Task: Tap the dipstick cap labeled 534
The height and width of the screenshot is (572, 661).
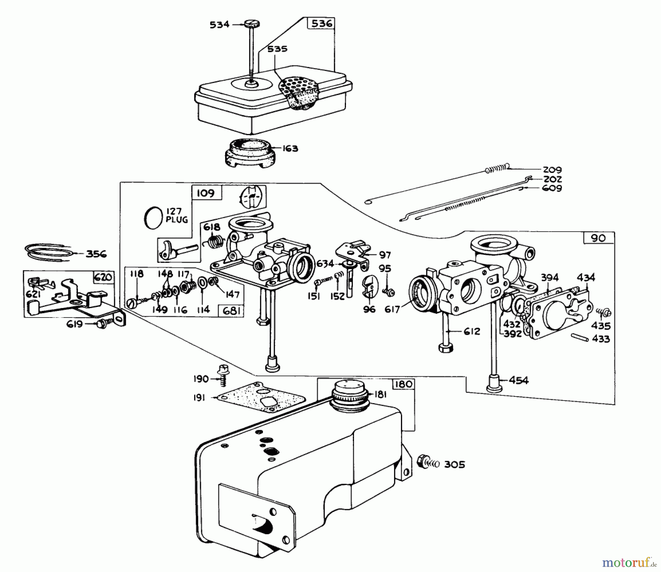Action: (252, 24)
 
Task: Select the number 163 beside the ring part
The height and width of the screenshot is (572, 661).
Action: (290, 149)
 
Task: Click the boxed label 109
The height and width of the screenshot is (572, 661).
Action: (206, 193)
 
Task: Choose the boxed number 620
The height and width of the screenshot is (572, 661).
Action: (103, 277)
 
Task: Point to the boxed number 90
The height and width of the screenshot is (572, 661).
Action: (599, 238)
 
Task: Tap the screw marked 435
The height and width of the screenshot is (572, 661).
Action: (604, 312)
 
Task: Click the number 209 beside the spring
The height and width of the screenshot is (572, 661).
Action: (552, 170)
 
